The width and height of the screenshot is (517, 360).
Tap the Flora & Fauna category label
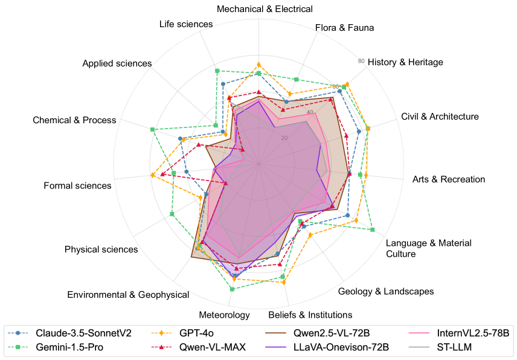(344, 28)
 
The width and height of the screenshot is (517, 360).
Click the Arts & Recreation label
(448, 179)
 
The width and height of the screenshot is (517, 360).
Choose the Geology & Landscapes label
(386, 292)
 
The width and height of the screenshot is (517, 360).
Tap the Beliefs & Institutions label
(310, 315)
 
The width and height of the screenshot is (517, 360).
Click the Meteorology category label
(224, 315)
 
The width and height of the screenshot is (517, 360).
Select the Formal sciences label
(78, 185)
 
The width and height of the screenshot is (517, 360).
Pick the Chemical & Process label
(74, 120)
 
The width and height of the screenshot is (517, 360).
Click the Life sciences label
(186, 25)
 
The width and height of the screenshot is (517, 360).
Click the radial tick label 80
(361, 61)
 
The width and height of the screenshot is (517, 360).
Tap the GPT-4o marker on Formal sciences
(153, 175)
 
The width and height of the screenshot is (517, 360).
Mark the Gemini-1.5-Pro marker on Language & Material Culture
(373, 230)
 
